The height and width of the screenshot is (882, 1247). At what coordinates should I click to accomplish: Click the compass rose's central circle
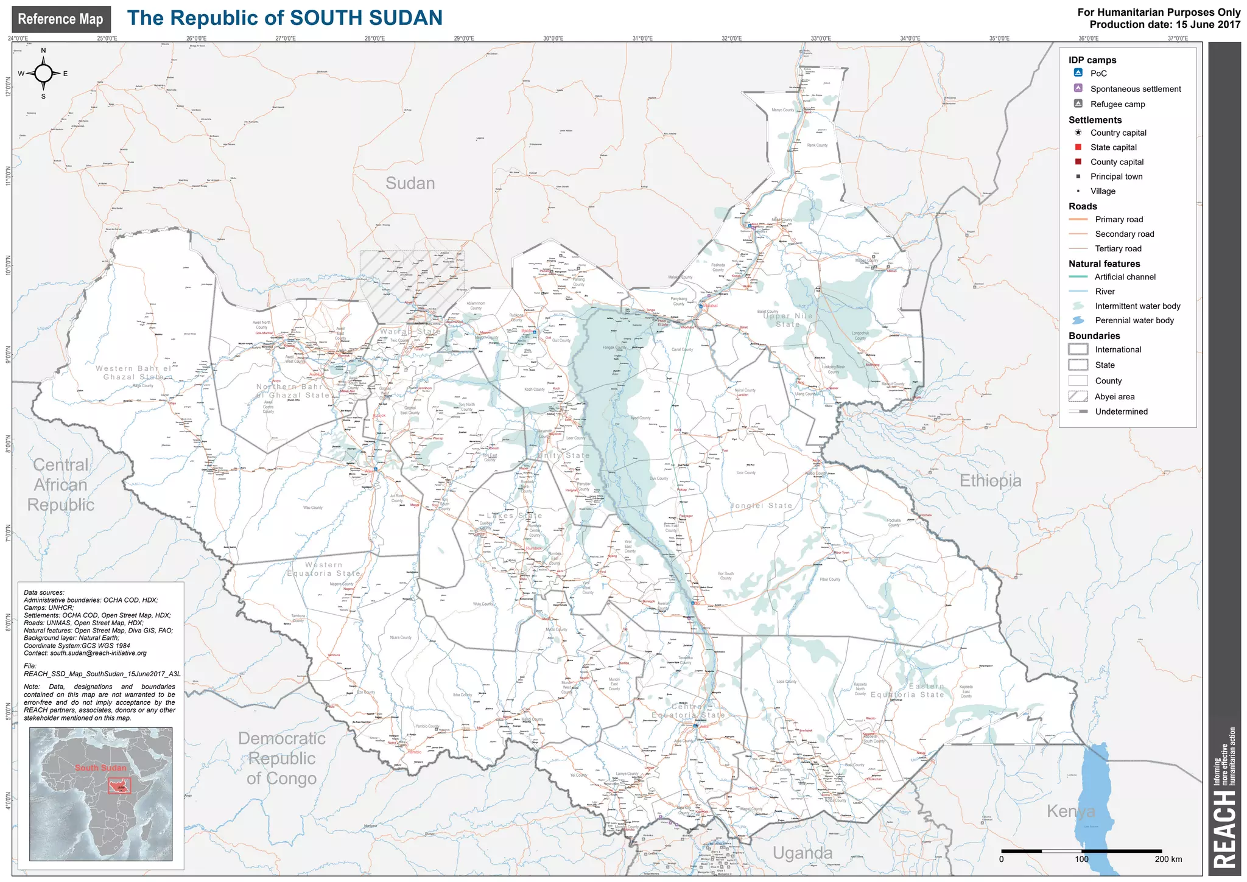pos(43,74)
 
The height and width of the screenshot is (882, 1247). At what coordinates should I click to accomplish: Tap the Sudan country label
pos(410,183)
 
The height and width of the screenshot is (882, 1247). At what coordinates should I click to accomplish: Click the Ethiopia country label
pos(990,481)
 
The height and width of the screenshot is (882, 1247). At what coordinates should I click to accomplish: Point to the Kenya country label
pos(1070,811)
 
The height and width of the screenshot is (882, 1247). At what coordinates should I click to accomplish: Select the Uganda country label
pos(802,853)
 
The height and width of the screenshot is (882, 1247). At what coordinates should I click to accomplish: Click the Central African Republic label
pos(60,485)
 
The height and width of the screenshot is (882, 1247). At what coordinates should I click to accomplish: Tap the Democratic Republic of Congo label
pos(281,758)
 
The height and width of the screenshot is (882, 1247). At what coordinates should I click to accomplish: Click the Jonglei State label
pos(761,506)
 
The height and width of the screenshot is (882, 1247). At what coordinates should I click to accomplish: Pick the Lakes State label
pos(514,516)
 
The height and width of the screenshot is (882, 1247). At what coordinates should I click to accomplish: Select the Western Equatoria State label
pos(324,569)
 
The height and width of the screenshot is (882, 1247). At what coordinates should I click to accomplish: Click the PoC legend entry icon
pos(1078,73)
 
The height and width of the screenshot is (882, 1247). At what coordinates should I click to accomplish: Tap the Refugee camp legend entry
pos(1117,104)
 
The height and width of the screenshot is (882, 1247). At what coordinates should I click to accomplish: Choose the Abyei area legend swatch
pos(1078,396)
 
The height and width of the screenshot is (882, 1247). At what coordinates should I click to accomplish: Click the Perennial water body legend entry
pos(1134,321)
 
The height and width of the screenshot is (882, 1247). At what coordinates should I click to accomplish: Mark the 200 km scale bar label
pos(1168,859)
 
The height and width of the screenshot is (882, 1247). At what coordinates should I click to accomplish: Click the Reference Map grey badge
pos(61,19)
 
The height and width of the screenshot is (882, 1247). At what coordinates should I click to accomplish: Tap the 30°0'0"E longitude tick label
pos(553,38)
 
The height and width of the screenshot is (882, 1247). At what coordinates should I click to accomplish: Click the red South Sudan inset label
pos(100,768)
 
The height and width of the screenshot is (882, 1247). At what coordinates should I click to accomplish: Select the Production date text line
pos(1164,25)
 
